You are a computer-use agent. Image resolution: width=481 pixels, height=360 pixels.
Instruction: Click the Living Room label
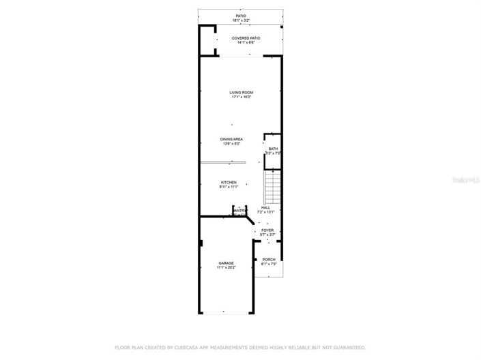[x=242, y=92]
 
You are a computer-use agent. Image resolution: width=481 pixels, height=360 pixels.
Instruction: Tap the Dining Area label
[x=232, y=139]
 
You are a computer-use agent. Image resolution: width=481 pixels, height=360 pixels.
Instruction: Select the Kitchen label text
[x=229, y=182]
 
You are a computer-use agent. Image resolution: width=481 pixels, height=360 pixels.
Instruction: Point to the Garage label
[x=226, y=262]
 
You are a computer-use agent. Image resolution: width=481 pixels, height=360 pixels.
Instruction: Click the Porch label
[x=268, y=259]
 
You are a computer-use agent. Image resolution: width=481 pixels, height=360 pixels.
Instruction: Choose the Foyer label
[x=267, y=230]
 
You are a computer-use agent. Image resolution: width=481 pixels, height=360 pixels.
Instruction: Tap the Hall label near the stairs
[x=265, y=207]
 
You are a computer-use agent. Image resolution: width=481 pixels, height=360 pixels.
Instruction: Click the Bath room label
[x=273, y=149]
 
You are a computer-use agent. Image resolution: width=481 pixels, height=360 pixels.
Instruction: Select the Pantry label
[x=239, y=211]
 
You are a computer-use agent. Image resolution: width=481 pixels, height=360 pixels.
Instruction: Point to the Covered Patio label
[x=246, y=38]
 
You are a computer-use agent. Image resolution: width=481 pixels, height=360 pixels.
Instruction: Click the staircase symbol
[x=272, y=187]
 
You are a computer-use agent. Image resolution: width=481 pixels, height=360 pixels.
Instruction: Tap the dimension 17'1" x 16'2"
[x=242, y=97]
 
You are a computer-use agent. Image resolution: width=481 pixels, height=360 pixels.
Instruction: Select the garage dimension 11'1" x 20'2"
[x=226, y=267]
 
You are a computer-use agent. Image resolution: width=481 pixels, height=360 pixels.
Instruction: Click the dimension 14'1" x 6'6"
[x=246, y=43]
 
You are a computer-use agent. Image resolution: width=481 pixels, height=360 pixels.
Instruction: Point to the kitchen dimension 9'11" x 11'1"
[x=229, y=187]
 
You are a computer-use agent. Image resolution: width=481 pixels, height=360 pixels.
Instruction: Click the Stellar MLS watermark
[x=468, y=180]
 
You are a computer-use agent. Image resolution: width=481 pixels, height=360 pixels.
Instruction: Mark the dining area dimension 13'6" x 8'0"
[x=232, y=144]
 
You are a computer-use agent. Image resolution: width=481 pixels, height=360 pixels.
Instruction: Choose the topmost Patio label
[x=241, y=15]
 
